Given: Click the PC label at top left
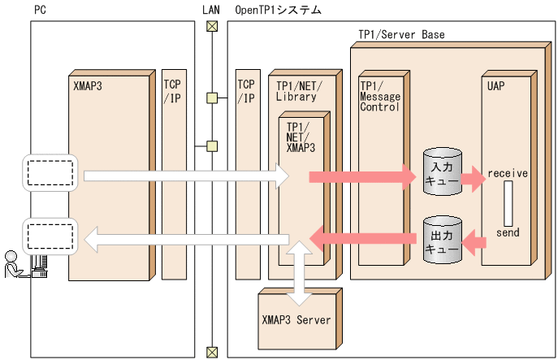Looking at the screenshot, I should [x=40, y=11].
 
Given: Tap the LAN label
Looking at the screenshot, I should [x=210, y=11].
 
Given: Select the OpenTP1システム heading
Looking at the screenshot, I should [x=278, y=11].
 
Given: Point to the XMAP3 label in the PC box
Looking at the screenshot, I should [x=88, y=83].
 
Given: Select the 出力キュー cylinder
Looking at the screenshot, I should [x=442, y=240].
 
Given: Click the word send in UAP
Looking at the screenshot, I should [x=508, y=232].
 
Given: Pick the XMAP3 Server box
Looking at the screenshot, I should [x=296, y=319].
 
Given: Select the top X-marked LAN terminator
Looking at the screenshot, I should [x=212, y=25].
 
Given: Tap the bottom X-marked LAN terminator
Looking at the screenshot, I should [x=212, y=352].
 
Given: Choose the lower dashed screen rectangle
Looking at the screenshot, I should [x=50, y=236].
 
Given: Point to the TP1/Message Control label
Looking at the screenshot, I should [x=380, y=95].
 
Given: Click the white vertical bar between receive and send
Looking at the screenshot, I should [x=508, y=203].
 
